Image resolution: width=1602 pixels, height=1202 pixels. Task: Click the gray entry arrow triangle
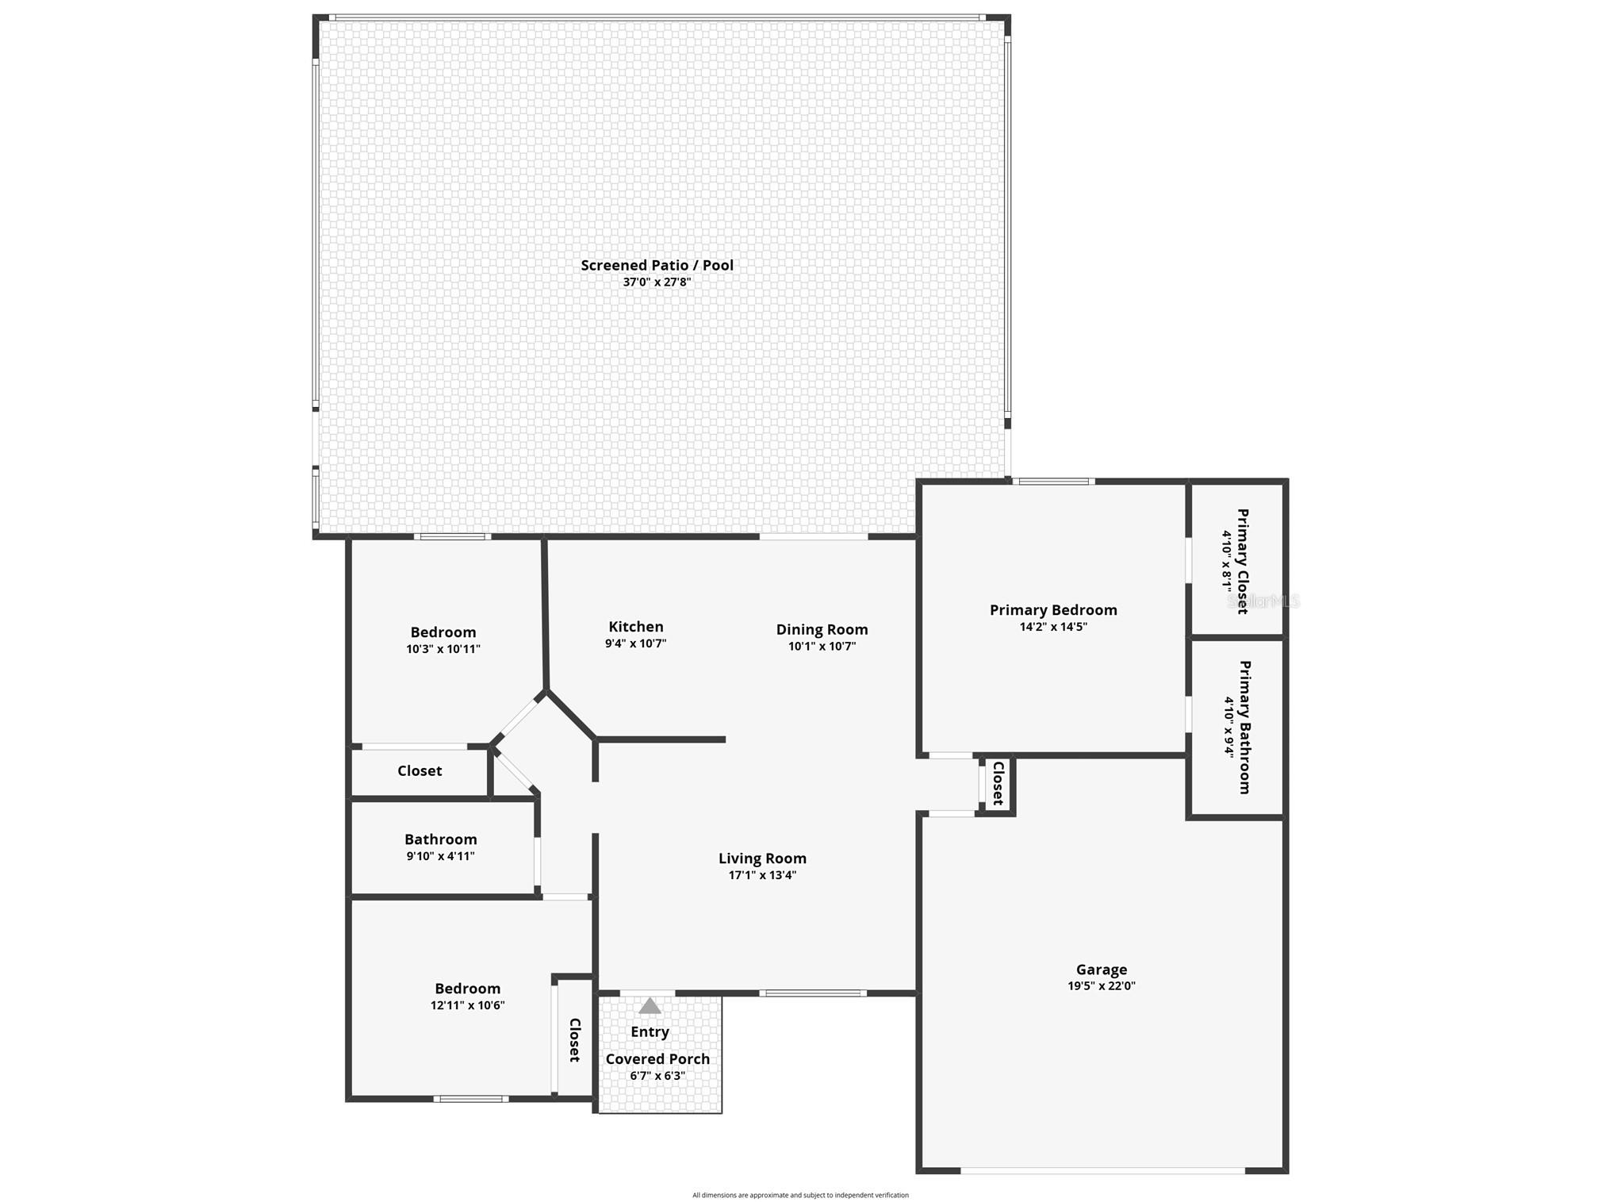650,1006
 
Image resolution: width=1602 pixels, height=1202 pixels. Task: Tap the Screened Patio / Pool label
657,265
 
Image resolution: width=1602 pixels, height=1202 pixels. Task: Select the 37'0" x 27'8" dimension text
657,282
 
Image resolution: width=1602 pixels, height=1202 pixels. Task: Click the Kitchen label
636,627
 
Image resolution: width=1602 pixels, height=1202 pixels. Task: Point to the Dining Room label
822,629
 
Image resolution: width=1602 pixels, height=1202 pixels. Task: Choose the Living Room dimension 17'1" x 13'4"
762,875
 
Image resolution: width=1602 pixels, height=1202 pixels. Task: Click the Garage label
1101,969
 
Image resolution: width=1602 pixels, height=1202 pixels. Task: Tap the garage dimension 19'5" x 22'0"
1101,986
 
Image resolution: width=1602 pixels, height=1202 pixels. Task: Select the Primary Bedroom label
1053,609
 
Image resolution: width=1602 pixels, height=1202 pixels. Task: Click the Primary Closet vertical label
1243,561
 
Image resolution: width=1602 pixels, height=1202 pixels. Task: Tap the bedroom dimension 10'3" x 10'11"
443,649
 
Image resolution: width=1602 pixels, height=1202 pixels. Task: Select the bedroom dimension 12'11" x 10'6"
467,1005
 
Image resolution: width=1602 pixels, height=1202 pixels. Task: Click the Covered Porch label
657,1059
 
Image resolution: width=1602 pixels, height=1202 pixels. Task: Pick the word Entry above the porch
650,1031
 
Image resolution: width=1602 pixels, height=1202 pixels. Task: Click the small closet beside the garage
998,783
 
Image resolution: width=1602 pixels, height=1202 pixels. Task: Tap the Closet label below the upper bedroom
420,770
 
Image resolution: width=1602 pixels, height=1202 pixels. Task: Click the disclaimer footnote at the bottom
800,1195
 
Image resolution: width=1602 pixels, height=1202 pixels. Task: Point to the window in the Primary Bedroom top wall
1054,481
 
